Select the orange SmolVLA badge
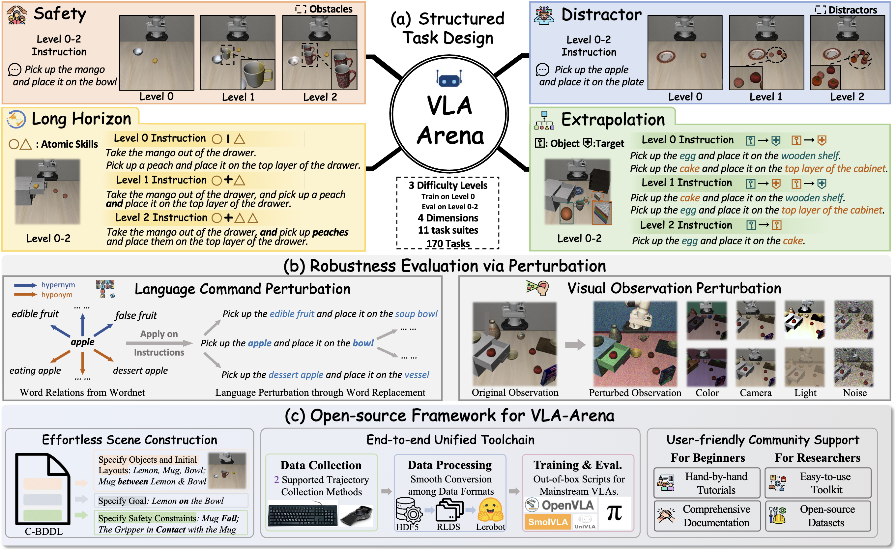[x=547, y=522]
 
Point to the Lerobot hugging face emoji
[x=490, y=510]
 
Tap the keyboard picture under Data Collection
[x=303, y=514]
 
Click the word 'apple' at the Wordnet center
[x=82, y=342]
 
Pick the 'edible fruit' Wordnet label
[x=35, y=314]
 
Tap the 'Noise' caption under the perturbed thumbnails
[x=855, y=393]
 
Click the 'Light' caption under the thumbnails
[x=805, y=393]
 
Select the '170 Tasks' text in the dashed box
[x=448, y=244]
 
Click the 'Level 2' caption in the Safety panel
[x=320, y=97]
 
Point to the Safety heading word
[x=60, y=14]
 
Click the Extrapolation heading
[x=613, y=120]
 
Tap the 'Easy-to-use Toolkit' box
[x=818, y=483]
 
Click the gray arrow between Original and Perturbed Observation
[x=575, y=344]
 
